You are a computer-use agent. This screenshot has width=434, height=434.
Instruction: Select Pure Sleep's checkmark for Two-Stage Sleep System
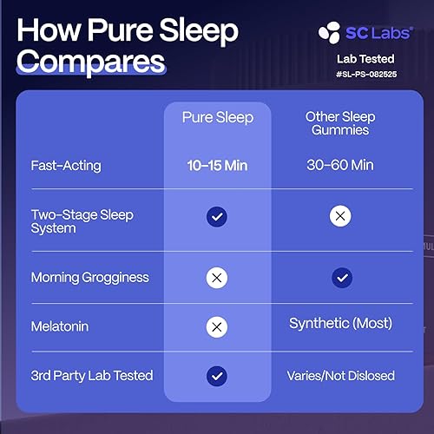217,217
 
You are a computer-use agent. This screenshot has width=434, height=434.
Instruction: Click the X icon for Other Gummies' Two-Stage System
341,217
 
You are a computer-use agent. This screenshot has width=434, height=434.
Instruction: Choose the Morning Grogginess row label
90,278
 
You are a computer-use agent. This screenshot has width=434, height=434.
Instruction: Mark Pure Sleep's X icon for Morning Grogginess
217,278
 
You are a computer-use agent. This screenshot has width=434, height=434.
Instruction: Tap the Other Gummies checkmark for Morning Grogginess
341,278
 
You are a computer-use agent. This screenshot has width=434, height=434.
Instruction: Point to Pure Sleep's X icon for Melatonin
217,326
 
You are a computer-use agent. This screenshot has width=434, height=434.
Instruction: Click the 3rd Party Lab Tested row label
92,376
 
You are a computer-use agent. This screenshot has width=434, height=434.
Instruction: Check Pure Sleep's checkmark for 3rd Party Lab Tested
217,376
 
